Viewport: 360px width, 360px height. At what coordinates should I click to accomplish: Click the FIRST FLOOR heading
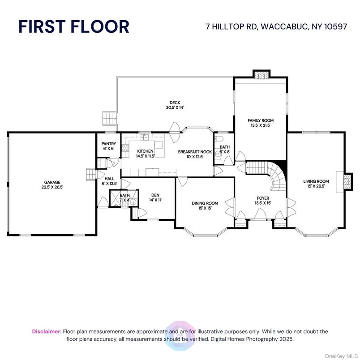(x=74, y=26)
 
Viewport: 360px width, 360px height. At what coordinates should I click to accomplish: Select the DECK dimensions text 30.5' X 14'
(x=175, y=107)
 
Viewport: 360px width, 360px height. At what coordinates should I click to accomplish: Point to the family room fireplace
(x=262, y=75)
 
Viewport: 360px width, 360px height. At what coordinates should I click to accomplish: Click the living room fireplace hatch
(x=347, y=181)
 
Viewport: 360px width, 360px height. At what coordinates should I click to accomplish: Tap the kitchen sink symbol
(x=145, y=137)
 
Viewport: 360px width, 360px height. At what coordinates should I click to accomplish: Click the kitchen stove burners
(x=125, y=148)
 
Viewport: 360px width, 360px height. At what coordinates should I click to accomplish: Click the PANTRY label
(x=109, y=144)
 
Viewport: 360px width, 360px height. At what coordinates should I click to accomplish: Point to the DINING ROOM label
(x=205, y=203)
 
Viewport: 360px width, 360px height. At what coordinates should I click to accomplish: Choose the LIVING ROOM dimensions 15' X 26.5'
(x=316, y=186)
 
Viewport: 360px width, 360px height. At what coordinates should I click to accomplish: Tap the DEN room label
(x=155, y=195)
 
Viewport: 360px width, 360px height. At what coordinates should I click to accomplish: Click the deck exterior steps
(x=109, y=118)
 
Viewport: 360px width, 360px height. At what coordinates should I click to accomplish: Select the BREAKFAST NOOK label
(x=195, y=152)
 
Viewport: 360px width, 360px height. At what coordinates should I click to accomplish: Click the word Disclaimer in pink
(x=47, y=331)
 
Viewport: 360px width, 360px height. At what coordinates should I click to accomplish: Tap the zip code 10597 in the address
(x=336, y=26)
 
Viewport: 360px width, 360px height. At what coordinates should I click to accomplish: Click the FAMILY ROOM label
(x=261, y=120)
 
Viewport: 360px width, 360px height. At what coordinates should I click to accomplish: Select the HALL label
(x=109, y=179)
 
